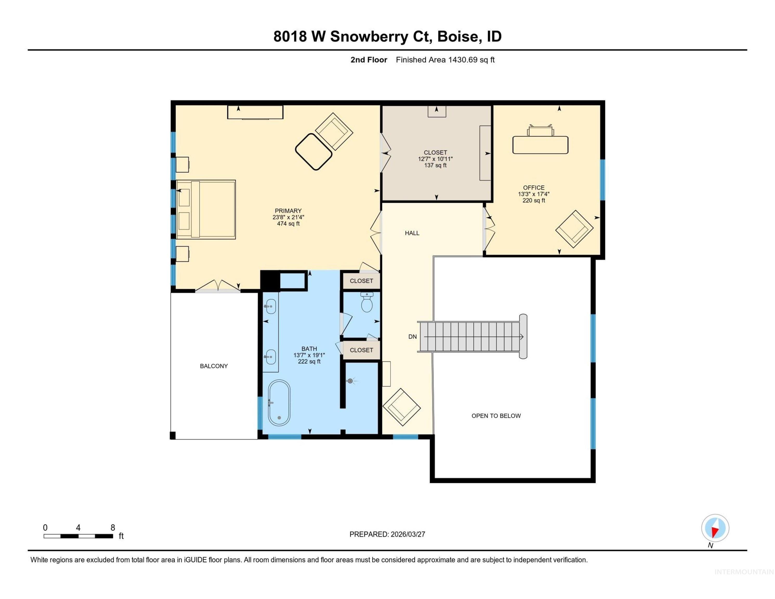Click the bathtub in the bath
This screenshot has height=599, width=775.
279,403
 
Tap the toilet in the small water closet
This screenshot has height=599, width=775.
366,303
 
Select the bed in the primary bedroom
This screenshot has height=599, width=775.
206,209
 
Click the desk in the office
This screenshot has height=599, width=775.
540,145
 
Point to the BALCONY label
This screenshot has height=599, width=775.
214,366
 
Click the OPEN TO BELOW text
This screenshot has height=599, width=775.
496,415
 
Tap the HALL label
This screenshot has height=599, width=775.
412,233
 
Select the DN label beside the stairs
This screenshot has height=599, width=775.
412,336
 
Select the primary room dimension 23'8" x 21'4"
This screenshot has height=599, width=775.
288,217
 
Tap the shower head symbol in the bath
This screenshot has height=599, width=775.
351,381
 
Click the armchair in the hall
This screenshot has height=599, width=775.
401,407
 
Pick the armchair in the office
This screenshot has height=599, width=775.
574,229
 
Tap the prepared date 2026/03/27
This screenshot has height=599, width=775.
407,534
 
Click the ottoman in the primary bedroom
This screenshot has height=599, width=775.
314,152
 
